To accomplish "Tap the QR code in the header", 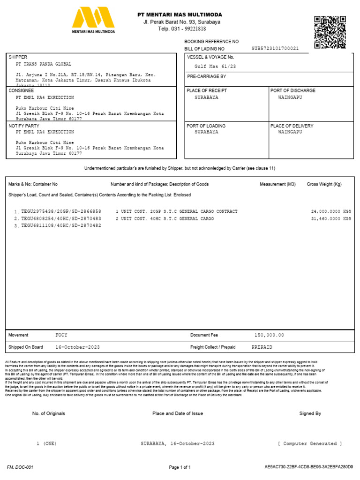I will tap(330, 32).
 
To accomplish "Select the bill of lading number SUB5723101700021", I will tap(275, 48).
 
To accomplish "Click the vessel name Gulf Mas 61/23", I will tap(215, 67).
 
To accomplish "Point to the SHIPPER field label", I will tap(18, 57).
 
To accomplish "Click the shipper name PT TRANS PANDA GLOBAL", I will tap(44, 64).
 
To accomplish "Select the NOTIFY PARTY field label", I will tap(24, 126).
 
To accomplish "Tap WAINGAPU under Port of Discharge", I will tap(290, 97).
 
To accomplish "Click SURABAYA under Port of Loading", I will tap(206, 132).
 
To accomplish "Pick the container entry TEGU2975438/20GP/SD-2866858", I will tap(61, 212).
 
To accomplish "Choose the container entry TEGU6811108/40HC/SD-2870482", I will tap(61, 226).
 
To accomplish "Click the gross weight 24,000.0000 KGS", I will tap(330, 212).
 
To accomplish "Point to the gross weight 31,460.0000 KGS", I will tap(330, 219).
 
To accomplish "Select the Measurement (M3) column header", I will tap(277, 184).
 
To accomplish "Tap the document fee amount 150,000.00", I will tap(269, 335).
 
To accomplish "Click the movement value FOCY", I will tap(62, 335).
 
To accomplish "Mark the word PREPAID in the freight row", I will tap(262, 347).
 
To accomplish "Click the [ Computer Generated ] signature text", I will tap(310, 443).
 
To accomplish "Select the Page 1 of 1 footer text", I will tap(180, 467).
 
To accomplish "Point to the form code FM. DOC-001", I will tap(20, 467).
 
